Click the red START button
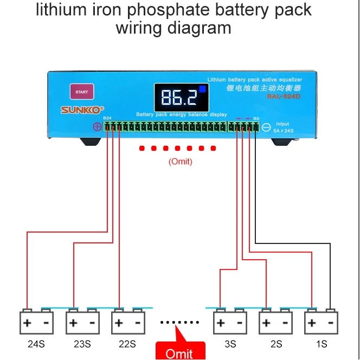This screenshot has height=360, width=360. pyautogui.click(x=81, y=92)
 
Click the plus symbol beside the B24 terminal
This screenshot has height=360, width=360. pyautogui.click(x=97, y=127)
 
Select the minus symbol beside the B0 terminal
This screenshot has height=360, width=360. pyautogui.click(x=266, y=127)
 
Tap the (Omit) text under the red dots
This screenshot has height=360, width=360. pyautogui.click(x=181, y=161)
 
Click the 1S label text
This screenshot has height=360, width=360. pyautogui.click(x=322, y=344)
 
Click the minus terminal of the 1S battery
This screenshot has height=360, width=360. pyautogui.click(x=330, y=324)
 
